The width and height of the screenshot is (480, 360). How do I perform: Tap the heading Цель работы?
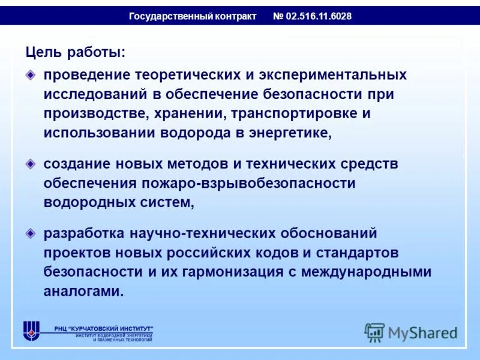pyautogui.click(x=76, y=53)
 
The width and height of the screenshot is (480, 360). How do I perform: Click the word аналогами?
pyautogui.click(x=83, y=292)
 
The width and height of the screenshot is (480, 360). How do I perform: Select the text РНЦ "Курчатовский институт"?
pyautogui.click(x=103, y=328)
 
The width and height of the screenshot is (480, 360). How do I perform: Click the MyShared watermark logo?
pyautogui.click(x=411, y=332)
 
